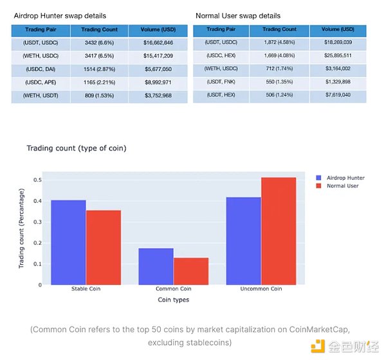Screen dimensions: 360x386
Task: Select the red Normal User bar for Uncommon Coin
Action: (x=279, y=231)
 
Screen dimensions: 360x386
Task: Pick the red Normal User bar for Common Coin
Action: (x=190, y=271)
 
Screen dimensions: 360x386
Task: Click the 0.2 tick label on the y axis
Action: (x=37, y=243)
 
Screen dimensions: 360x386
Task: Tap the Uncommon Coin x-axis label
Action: (x=261, y=289)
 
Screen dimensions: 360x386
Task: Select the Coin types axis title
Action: (x=174, y=300)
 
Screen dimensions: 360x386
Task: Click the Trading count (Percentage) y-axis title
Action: (x=21, y=231)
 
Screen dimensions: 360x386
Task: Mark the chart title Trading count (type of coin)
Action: (x=77, y=148)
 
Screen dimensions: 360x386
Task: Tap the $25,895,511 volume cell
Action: (x=338, y=55)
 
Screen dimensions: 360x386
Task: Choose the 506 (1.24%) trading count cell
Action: (x=279, y=95)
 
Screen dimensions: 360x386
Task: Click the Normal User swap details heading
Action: (x=237, y=15)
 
